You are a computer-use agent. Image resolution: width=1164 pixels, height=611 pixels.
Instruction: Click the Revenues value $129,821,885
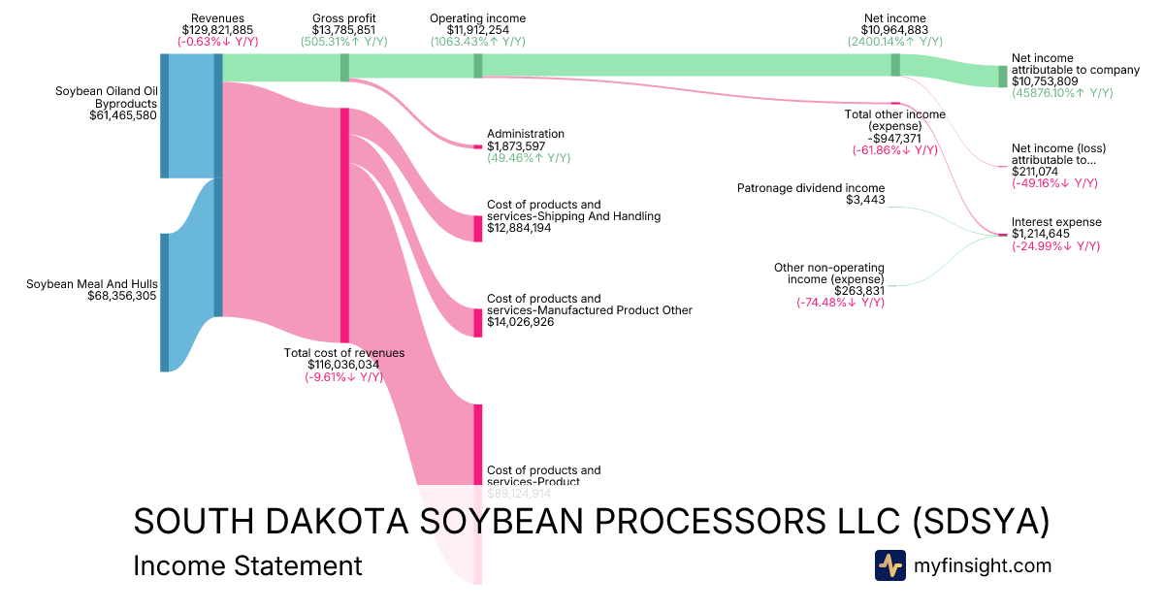(217, 30)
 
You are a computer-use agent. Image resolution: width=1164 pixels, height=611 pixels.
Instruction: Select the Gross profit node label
(344, 18)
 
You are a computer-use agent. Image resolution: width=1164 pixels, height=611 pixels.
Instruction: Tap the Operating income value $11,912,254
(477, 30)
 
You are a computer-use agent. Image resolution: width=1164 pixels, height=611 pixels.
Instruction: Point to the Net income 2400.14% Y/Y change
(894, 42)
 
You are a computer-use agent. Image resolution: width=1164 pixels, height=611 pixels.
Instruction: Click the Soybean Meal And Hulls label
(92, 284)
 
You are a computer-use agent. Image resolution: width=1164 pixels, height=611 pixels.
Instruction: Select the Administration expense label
(525, 134)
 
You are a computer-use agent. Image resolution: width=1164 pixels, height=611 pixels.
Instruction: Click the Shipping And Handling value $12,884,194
(520, 228)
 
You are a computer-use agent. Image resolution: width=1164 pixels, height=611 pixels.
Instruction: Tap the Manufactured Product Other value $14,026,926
(520, 322)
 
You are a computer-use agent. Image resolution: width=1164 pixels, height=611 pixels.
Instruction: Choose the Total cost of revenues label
(343, 353)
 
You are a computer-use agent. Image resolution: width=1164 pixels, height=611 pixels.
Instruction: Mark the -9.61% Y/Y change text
(343, 377)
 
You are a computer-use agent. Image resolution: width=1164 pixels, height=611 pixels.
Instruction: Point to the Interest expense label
(1056, 222)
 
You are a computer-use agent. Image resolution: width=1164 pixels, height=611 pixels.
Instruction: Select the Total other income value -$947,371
(893, 138)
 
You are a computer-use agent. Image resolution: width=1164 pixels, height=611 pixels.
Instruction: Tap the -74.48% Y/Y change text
(840, 302)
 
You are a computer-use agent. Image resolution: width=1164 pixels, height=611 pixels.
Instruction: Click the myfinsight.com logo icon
(889, 565)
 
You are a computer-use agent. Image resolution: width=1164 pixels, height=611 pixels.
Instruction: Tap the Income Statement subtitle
(247, 565)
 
